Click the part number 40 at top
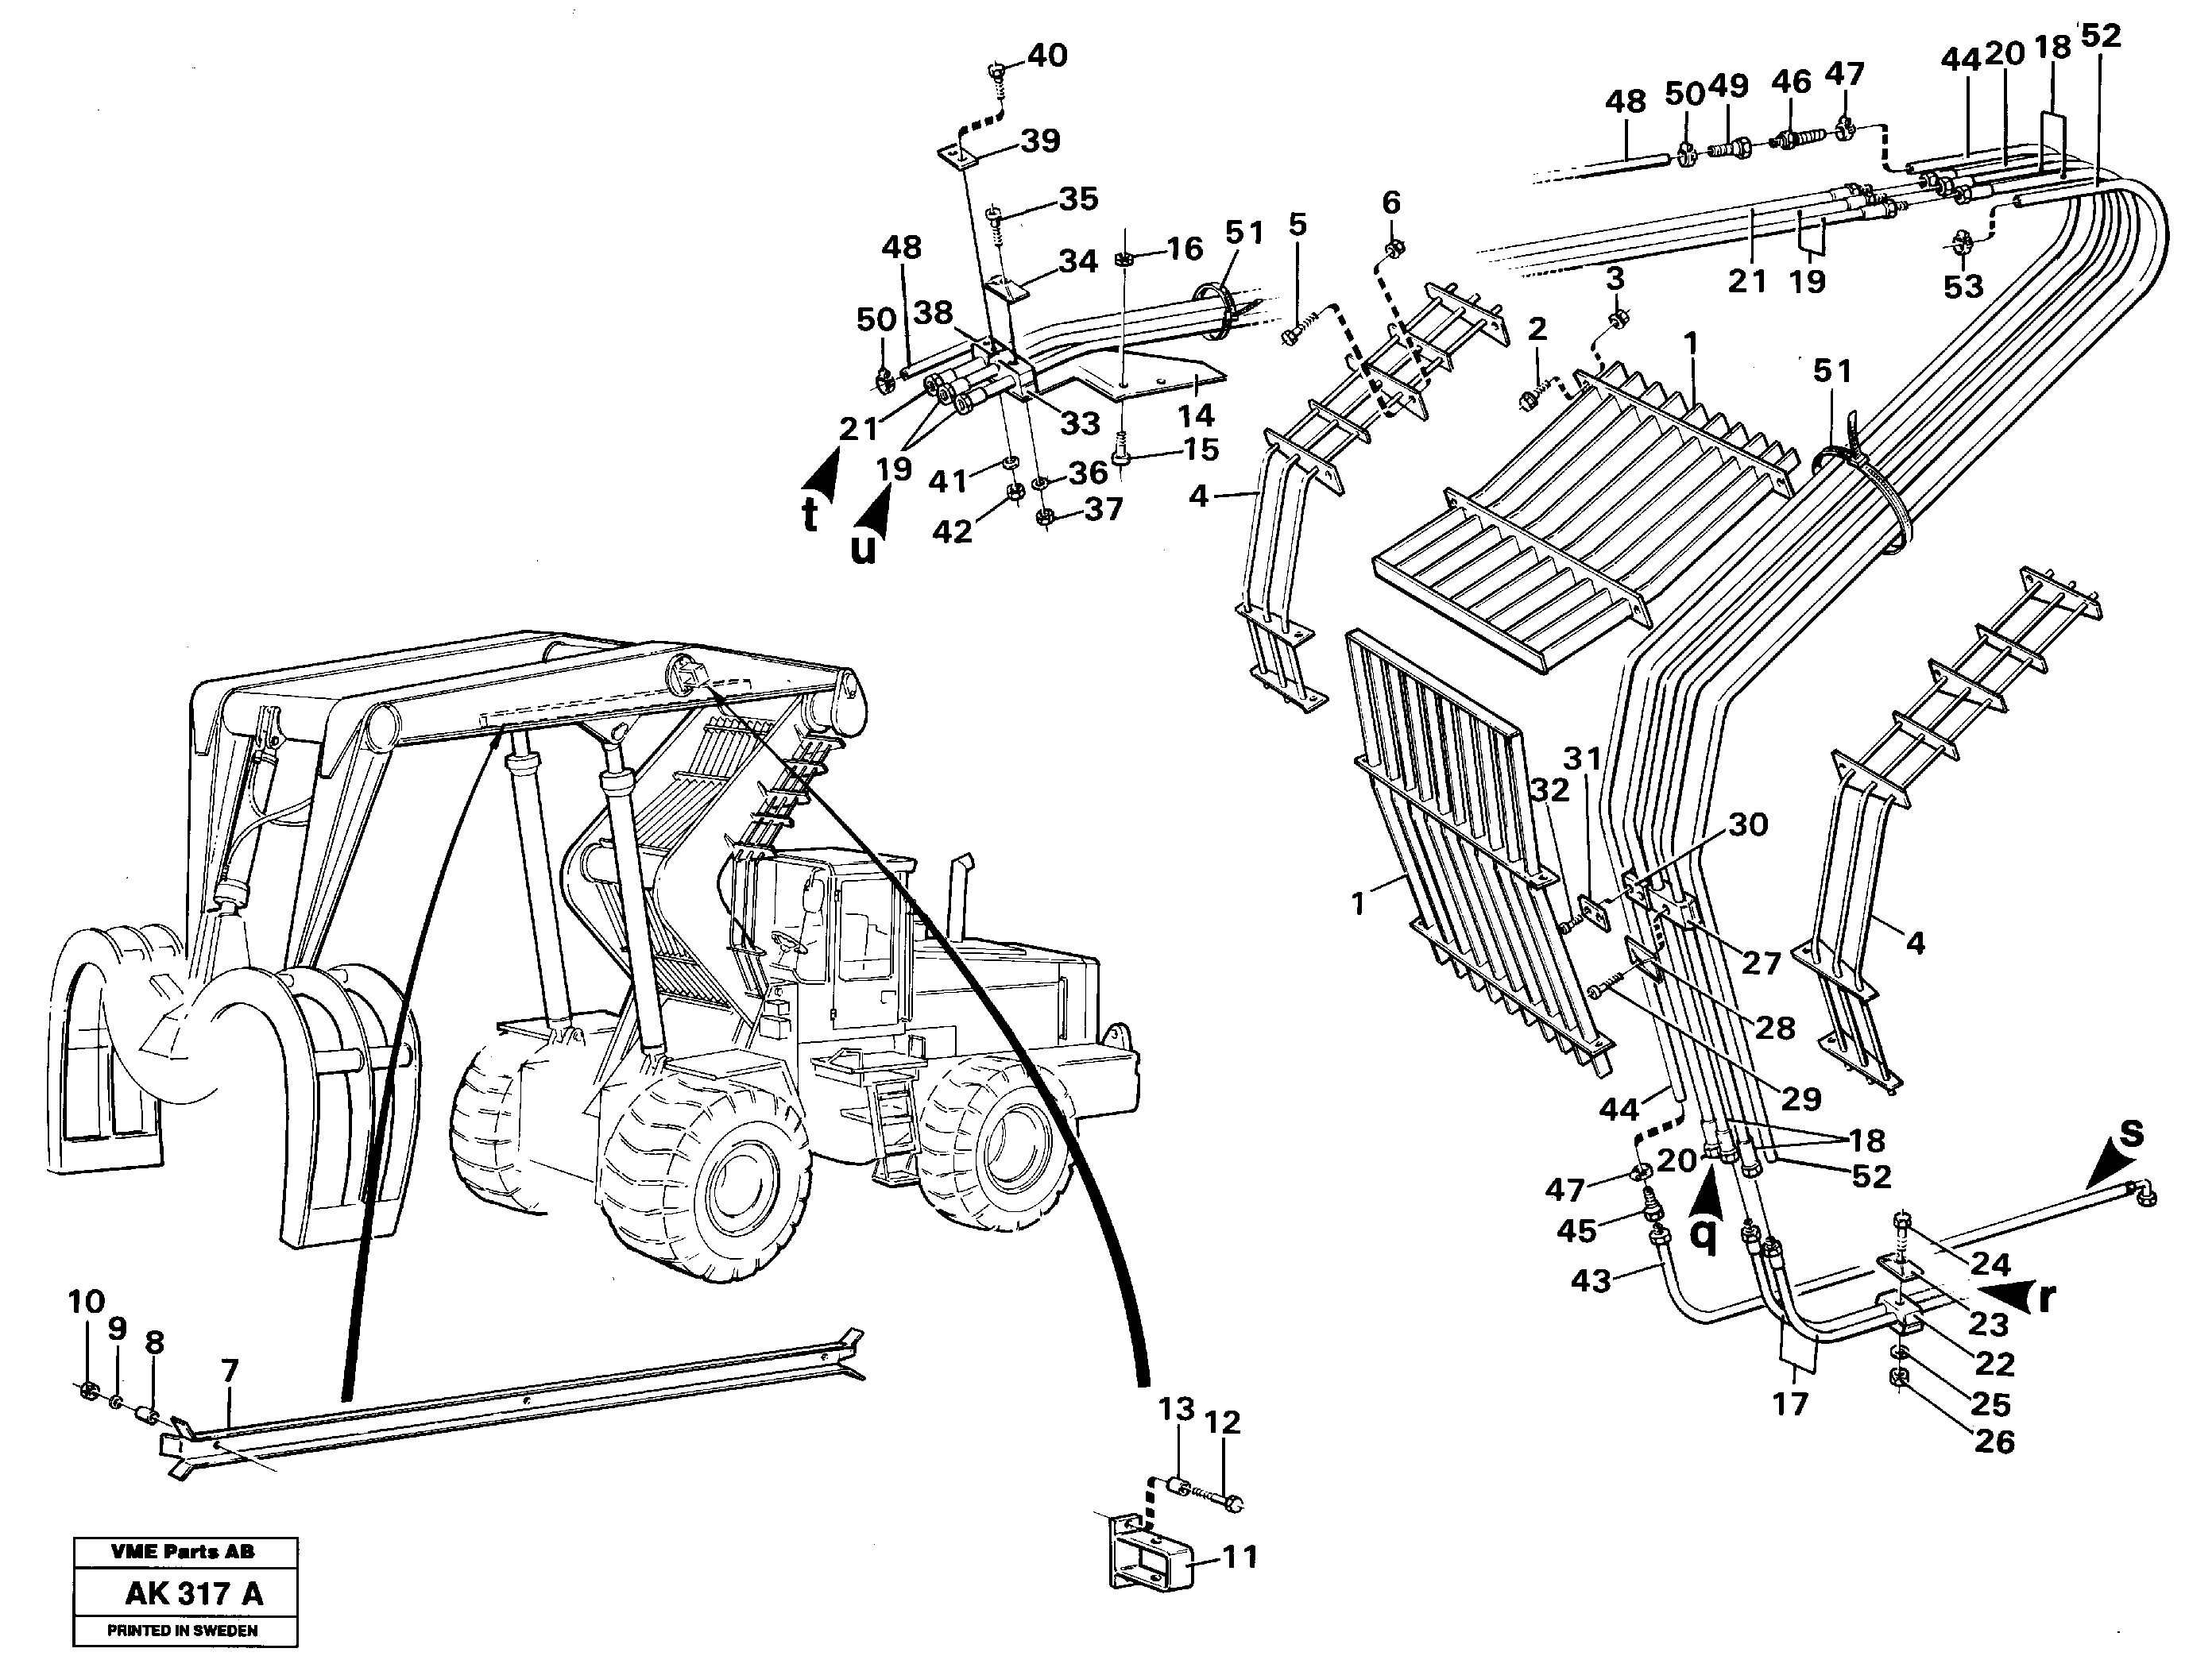[1047, 56]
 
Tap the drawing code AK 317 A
[194, 1594]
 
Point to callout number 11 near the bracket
[1240, 1556]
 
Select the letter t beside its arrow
[810, 515]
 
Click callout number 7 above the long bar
[230, 1371]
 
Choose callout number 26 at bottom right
[1994, 1442]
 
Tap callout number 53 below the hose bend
[1963, 286]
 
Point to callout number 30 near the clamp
[1748, 824]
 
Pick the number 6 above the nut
[1391, 203]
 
